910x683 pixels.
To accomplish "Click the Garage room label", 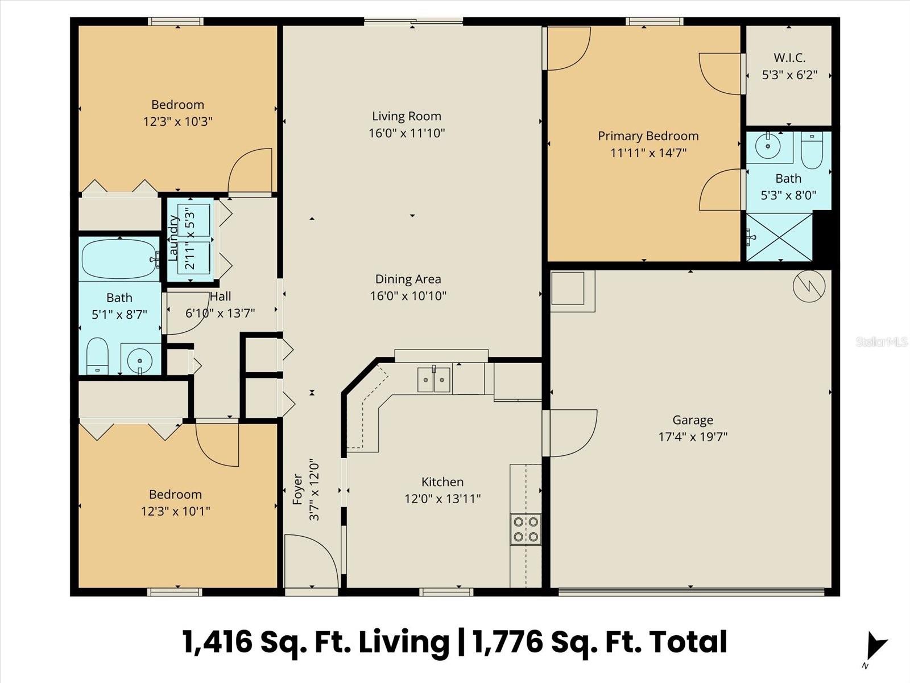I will [692, 420].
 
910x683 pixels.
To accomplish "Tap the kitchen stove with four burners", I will [526, 529].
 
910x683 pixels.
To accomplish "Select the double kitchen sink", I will [434, 380].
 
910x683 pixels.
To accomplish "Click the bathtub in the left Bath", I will [120, 259].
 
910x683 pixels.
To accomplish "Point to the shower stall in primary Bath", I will [779, 237].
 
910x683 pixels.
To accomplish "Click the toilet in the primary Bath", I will [812, 150].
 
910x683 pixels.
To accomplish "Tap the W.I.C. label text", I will [789, 58].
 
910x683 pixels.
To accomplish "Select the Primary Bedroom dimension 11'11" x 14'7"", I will [648, 153].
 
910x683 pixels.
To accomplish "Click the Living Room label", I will [407, 116].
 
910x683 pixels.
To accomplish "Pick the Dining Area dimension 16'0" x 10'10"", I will [408, 295].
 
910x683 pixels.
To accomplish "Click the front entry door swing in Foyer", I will [311, 561].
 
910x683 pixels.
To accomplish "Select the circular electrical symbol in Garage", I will [809, 286].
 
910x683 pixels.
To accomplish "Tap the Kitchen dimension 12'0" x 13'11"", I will [442, 499].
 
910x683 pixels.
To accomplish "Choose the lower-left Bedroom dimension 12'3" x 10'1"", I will [176, 511].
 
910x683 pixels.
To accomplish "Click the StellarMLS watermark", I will [882, 341].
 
